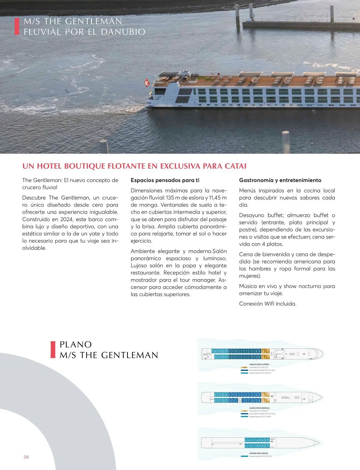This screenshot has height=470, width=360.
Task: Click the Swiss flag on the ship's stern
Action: click(147, 83)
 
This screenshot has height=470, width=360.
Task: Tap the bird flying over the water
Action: click(68, 91)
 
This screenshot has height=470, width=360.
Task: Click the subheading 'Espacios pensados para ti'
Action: click(165, 180)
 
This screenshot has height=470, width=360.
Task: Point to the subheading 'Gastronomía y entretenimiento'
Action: click(280, 180)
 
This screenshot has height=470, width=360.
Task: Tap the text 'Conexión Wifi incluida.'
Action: click(268, 304)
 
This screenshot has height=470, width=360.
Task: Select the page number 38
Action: click(26, 457)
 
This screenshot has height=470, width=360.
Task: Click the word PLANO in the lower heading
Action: click(76, 344)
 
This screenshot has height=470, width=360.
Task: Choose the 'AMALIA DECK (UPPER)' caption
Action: click(257, 364)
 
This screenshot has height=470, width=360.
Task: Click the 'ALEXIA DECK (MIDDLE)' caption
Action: click(259, 408)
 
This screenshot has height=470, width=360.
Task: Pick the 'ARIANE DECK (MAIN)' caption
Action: click(259, 453)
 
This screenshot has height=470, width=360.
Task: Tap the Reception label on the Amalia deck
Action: click(278, 354)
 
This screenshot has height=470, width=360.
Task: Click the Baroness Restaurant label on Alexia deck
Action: click(286, 397)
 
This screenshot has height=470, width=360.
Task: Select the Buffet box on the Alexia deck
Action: click(297, 397)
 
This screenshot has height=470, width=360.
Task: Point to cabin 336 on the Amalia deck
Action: click(212, 351)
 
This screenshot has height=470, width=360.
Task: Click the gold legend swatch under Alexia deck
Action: click(244, 411)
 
